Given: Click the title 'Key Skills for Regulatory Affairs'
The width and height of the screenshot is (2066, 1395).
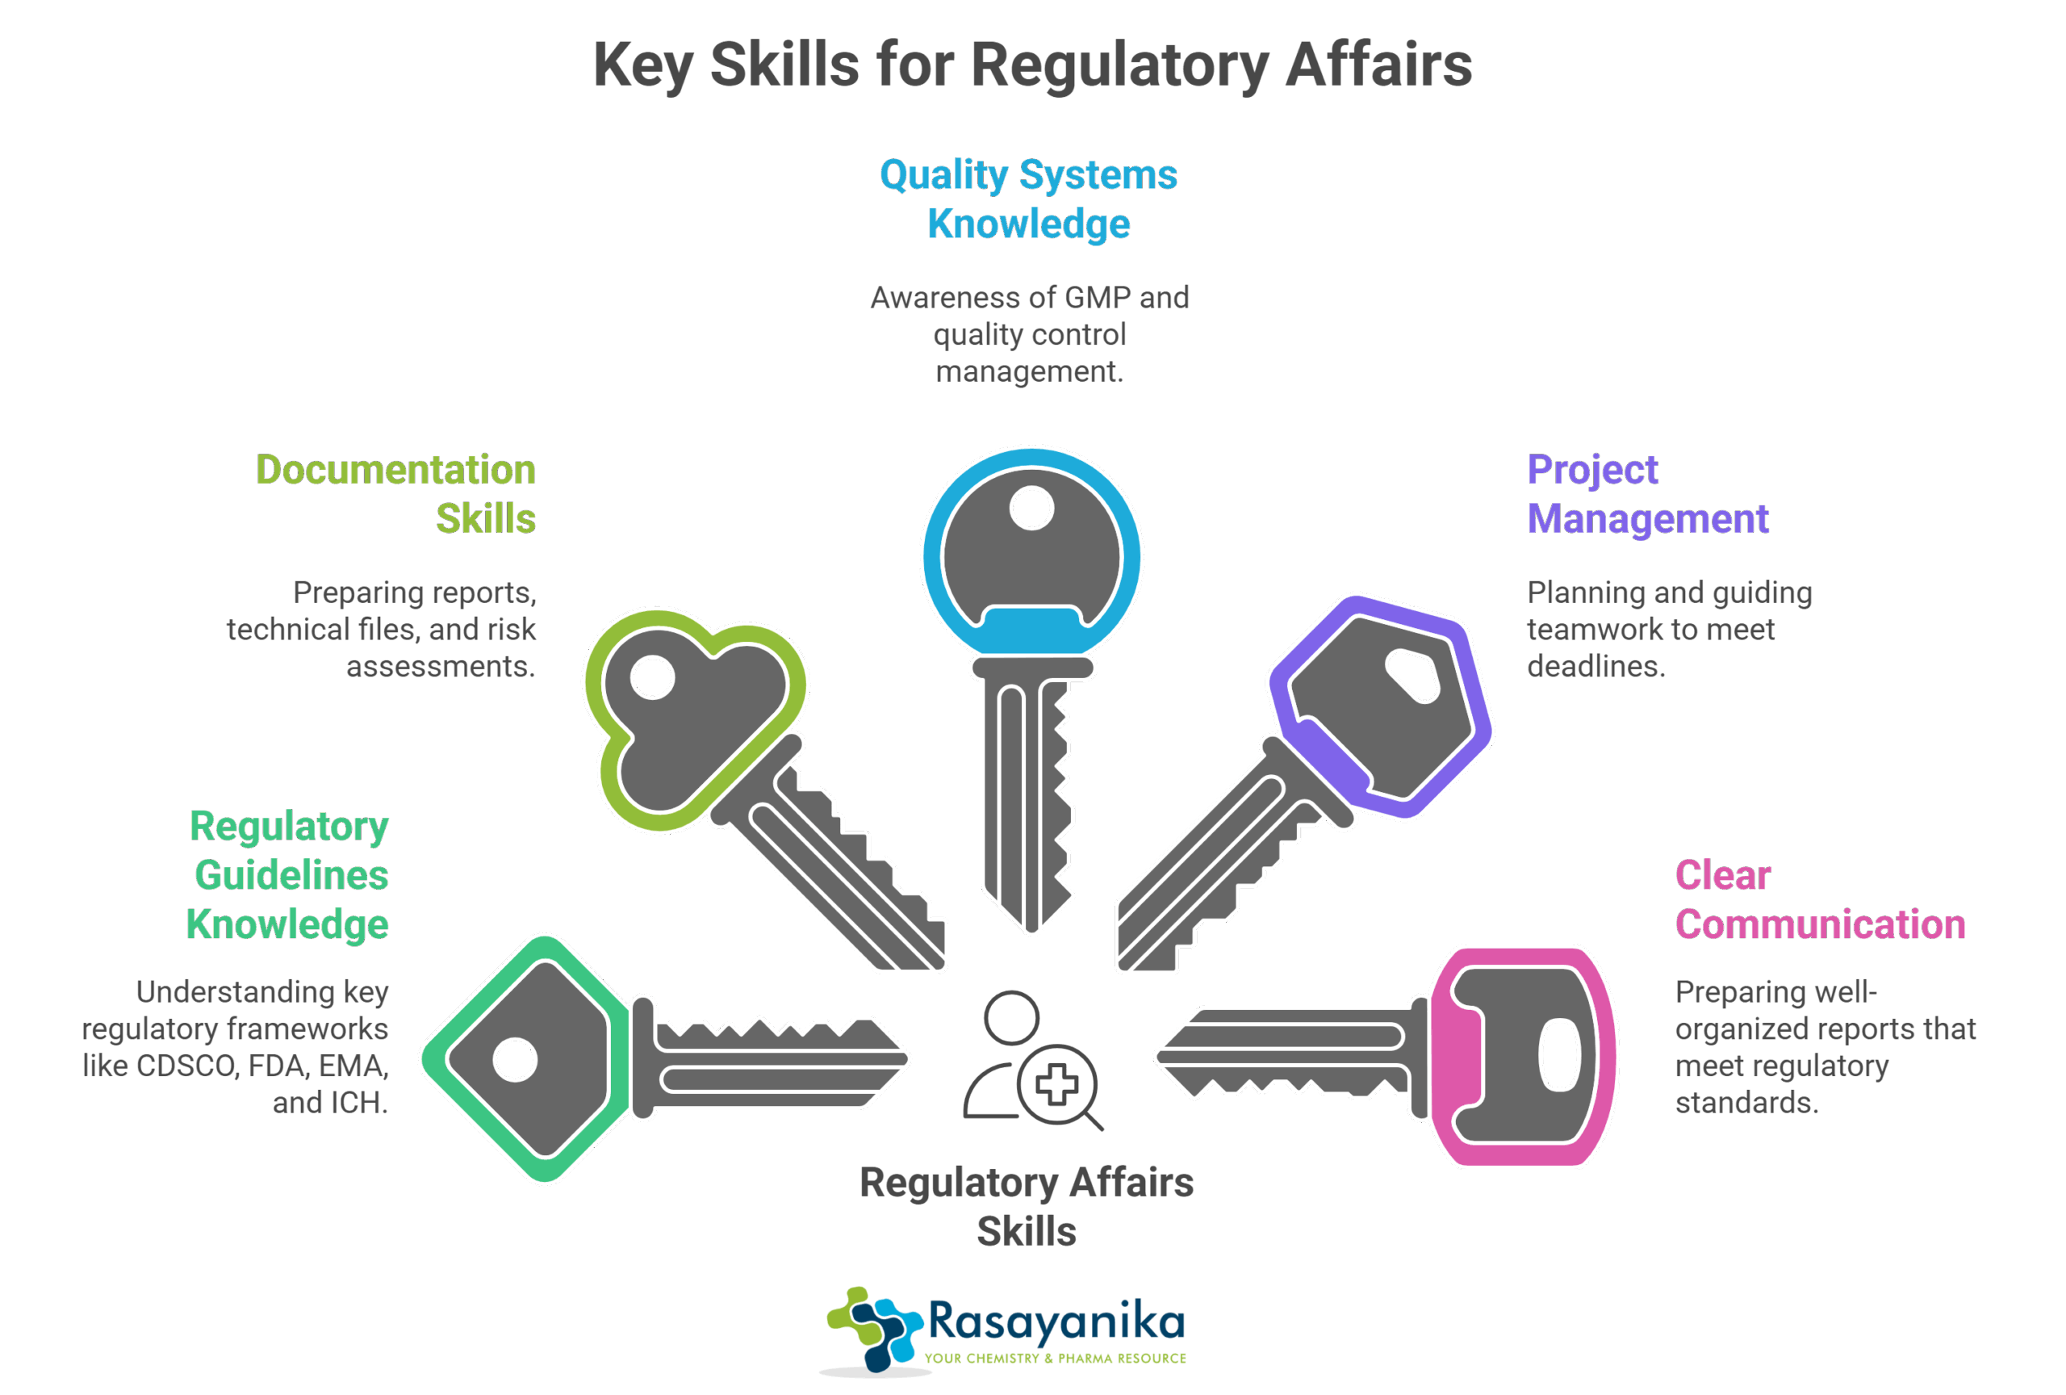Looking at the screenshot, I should (1032, 65).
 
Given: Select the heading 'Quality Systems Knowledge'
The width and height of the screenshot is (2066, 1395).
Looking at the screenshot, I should (1028, 199).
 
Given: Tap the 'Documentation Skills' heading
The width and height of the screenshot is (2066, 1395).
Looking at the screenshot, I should (396, 493).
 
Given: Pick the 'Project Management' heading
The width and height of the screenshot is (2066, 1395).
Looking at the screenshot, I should (1647, 493).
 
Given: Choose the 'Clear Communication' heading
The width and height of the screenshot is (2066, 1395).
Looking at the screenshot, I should (1819, 900).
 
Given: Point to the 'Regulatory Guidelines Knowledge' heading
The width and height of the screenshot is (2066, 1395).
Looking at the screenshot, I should (289, 875).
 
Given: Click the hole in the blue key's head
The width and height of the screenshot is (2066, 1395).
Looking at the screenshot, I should (1031, 509).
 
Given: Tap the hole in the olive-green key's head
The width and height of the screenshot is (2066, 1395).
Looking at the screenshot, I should (653, 677).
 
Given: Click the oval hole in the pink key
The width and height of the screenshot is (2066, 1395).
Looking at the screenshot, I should (1558, 1055).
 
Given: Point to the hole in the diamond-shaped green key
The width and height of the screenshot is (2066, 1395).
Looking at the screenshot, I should (515, 1059).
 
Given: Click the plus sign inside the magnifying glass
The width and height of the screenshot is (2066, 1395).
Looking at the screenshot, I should (1057, 1085).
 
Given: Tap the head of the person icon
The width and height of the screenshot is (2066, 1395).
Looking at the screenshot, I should (1012, 1016).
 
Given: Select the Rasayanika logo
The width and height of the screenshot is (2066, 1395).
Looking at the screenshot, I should (1009, 1333).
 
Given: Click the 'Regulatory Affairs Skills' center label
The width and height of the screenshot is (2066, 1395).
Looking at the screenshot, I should (1027, 1207).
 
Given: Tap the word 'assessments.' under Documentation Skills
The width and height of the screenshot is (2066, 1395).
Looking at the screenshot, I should (441, 666).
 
